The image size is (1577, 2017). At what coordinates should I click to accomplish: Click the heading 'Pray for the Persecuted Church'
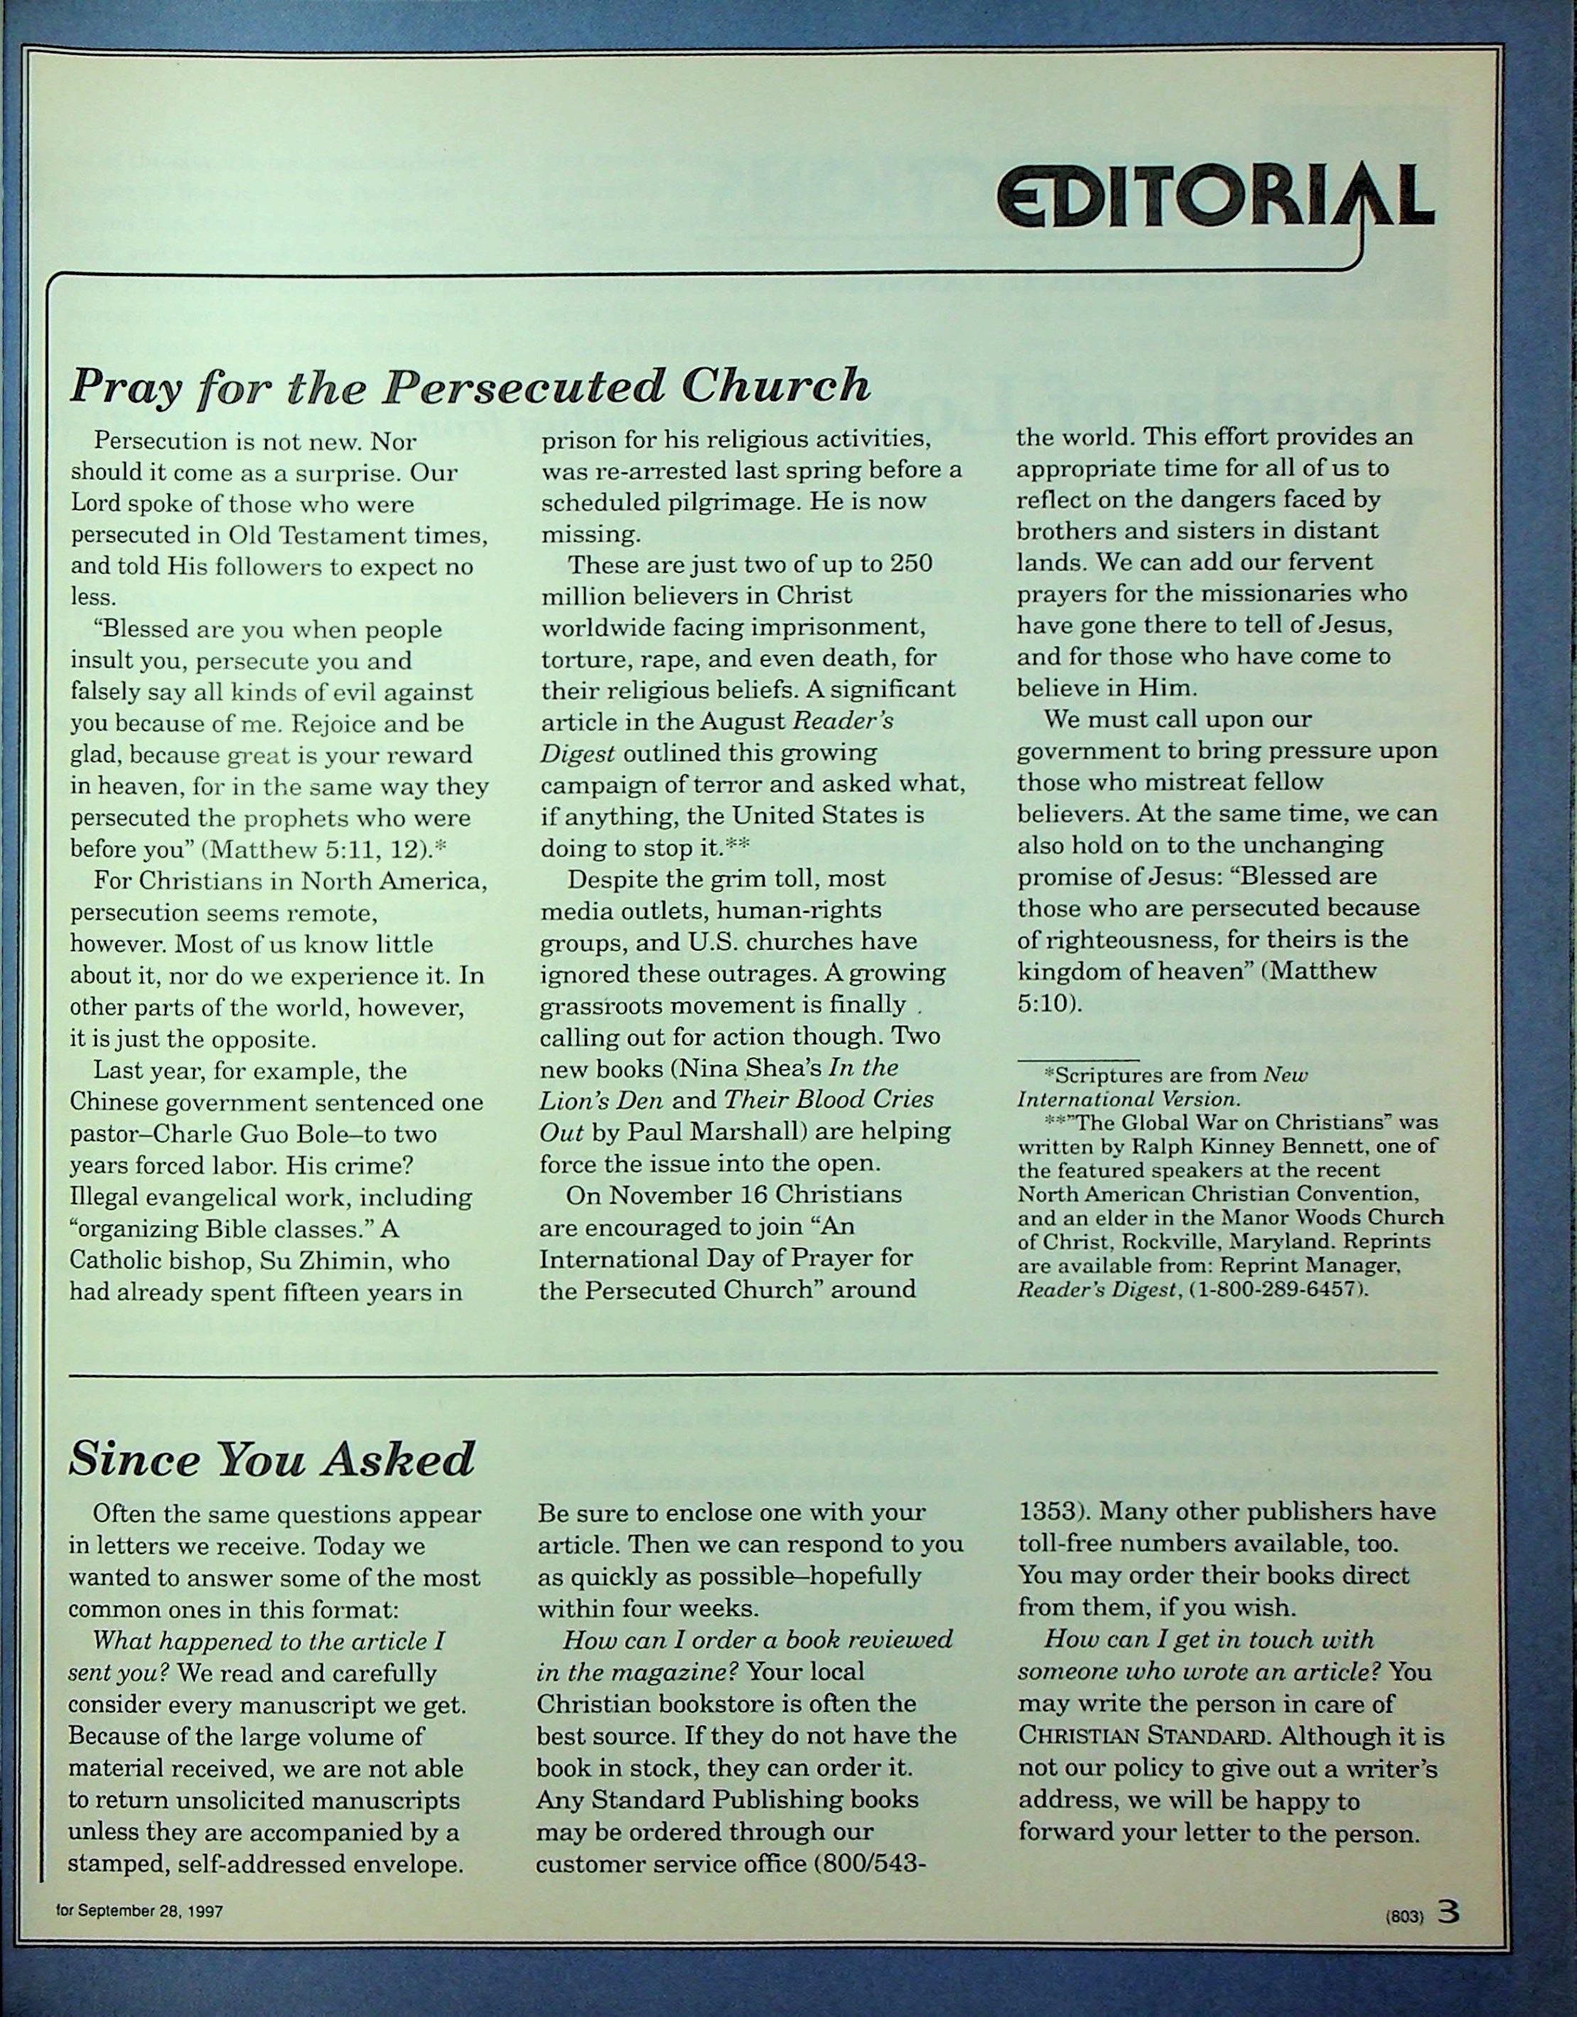point(470,385)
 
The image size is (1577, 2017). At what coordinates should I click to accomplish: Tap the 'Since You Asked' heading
point(271,1459)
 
